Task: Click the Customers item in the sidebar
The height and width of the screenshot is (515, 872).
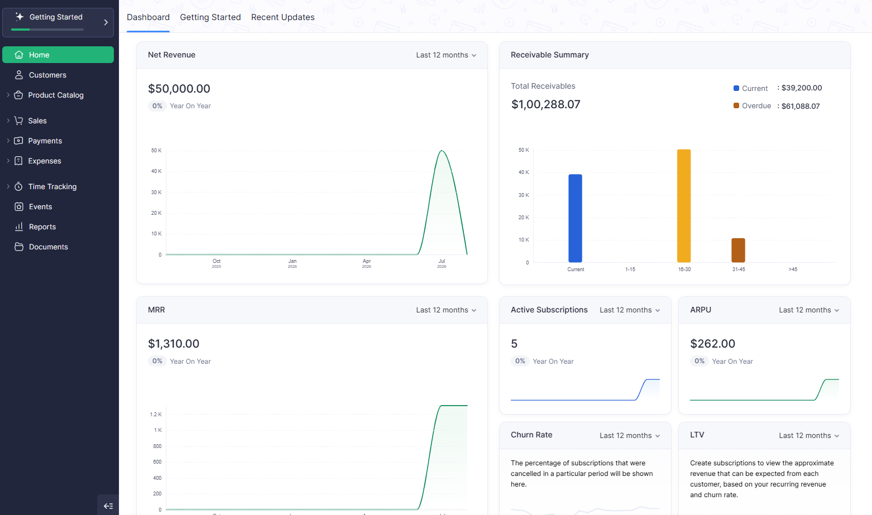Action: coord(47,75)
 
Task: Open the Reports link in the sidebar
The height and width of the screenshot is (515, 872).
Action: coord(42,227)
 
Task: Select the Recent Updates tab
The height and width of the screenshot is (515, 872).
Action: coord(282,17)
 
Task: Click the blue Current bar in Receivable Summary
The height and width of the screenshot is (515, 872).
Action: coord(575,218)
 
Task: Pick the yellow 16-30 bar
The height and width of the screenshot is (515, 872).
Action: coord(684,206)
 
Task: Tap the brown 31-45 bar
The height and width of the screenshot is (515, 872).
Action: coord(738,250)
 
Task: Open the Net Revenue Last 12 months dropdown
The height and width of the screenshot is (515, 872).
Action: coord(446,55)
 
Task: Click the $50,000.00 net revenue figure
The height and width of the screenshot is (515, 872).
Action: coord(179,89)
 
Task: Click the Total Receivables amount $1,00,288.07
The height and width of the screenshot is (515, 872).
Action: coord(545,104)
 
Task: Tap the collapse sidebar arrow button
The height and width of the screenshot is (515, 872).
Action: coord(108,506)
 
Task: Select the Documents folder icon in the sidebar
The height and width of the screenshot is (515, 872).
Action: coord(18,247)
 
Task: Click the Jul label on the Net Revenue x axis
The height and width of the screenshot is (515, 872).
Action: coord(442,261)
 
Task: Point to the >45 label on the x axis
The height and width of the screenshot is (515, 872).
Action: coord(793,269)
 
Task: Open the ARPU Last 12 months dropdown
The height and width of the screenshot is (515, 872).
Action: coord(809,310)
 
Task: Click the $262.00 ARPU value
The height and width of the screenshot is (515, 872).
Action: coord(712,344)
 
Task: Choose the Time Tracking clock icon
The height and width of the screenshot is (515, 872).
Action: coord(18,187)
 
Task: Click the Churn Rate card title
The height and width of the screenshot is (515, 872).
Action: coord(531,435)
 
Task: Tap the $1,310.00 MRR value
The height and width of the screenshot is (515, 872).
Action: coord(174,344)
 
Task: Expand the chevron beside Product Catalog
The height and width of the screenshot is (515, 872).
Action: coord(8,95)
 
